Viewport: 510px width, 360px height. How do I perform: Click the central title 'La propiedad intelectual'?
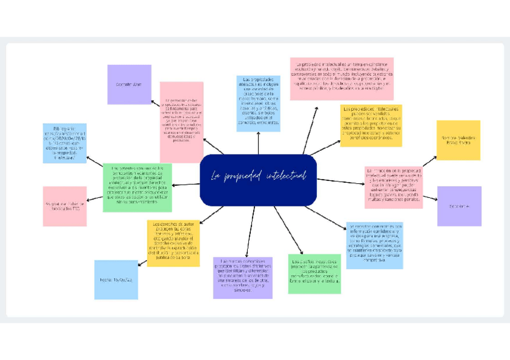(x=258, y=177)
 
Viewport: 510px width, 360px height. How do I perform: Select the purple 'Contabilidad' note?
(x=129, y=85)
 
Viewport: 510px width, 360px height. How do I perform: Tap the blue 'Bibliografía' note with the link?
(x=64, y=143)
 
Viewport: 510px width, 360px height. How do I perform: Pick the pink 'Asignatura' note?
(x=64, y=206)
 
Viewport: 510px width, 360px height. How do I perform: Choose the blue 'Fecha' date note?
(x=116, y=279)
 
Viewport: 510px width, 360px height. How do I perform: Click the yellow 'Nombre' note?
(x=458, y=139)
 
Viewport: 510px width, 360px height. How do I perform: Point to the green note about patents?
(x=137, y=188)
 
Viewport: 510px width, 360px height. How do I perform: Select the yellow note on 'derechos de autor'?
(x=173, y=243)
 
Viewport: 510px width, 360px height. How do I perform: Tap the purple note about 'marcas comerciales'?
(x=243, y=278)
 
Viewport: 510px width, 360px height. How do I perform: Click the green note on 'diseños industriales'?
(x=315, y=273)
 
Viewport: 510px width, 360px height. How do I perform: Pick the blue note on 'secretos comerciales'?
(x=375, y=245)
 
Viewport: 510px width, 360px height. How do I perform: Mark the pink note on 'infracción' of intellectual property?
(x=393, y=187)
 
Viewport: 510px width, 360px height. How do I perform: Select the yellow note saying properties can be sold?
(x=370, y=126)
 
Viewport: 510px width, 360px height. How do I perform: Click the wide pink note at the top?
(x=342, y=79)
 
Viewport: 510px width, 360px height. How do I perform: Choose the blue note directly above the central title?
(x=258, y=103)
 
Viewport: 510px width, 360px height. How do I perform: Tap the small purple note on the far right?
(x=459, y=206)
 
